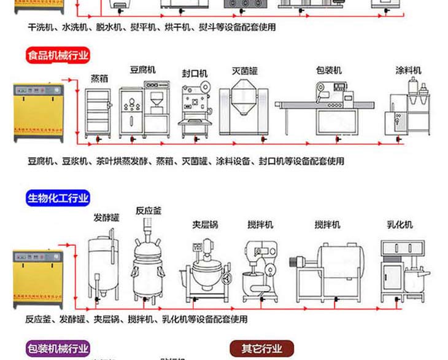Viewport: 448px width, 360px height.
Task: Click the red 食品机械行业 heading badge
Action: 58,56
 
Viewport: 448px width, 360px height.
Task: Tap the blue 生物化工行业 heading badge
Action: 58,198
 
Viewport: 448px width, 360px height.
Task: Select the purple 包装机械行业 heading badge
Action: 58,349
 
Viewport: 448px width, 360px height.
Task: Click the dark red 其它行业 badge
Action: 262,349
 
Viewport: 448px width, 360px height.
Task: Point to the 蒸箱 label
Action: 99,78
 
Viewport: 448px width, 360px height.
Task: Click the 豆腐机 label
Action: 142,70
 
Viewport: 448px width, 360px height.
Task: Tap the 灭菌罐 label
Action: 244,70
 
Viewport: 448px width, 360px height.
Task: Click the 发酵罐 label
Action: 106,217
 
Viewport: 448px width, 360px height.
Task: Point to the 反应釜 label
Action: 149,211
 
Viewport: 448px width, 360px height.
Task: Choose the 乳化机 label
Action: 400,225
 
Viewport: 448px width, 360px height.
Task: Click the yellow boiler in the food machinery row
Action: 38,113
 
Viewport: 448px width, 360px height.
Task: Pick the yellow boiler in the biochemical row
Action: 38,276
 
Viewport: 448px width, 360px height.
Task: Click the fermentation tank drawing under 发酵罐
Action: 104,264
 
